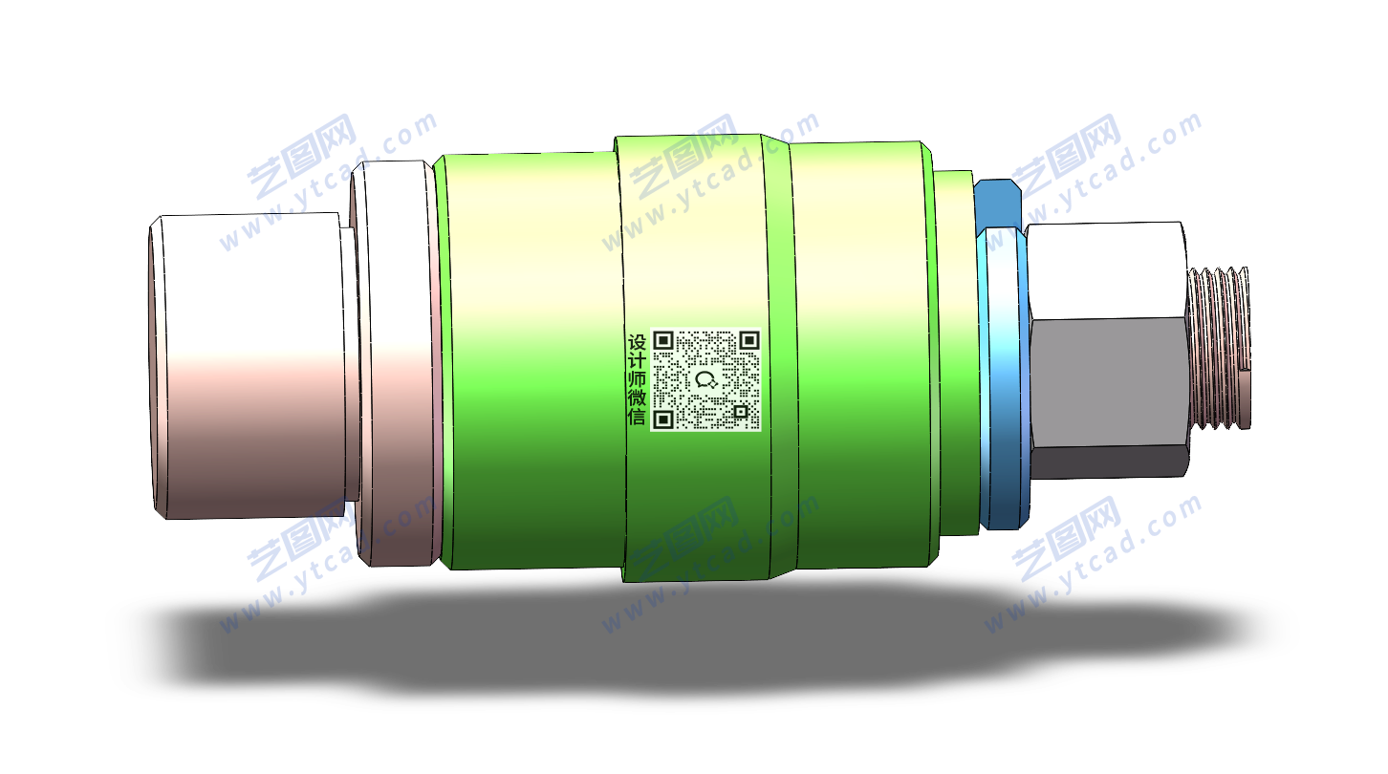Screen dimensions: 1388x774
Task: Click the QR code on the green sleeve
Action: (705, 379)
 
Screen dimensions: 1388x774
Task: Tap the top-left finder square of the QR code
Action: (663, 340)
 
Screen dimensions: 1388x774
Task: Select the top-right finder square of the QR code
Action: (749, 340)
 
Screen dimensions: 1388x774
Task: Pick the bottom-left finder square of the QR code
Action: (663, 419)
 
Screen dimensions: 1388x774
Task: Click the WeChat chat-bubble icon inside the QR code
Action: (705, 379)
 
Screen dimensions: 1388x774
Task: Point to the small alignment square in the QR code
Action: (741, 411)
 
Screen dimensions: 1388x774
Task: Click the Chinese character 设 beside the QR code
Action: (637, 342)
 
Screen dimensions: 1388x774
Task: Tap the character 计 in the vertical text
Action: (637, 361)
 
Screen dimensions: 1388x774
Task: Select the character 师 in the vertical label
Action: (637, 379)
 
